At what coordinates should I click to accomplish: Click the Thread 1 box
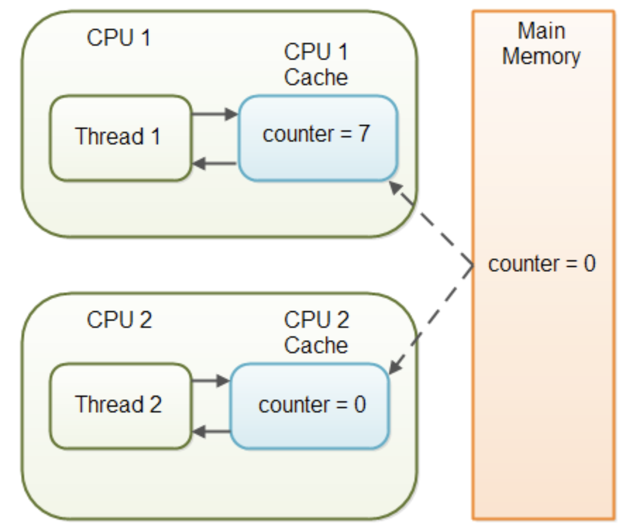[x=120, y=138]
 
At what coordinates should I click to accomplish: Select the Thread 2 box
[x=120, y=405]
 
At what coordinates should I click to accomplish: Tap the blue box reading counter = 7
[x=318, y=138]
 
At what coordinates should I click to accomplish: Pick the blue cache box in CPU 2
[x=310, y=405]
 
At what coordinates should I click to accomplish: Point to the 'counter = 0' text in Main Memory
[x=542, y=264]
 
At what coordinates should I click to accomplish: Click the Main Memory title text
[x=542, y=43]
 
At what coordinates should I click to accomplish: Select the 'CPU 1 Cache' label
[x=316, y=64]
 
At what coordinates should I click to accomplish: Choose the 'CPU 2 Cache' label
[x=316, y=332]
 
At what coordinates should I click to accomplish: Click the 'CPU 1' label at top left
[x=119, y=38]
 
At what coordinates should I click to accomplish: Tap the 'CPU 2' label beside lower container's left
[x=119, y=320]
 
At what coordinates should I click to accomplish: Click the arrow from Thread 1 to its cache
[x=215, y=114]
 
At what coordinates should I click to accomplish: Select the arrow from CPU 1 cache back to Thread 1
[x=215, y=164]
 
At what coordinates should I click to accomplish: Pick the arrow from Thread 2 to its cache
[x=211, y=382]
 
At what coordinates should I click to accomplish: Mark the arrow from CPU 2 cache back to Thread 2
[x=211, y=432]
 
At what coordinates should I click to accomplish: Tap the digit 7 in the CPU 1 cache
[x=364, y=135]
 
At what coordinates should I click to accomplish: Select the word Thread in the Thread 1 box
[x=101, y=136]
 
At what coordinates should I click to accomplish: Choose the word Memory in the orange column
[x=542, y=56]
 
